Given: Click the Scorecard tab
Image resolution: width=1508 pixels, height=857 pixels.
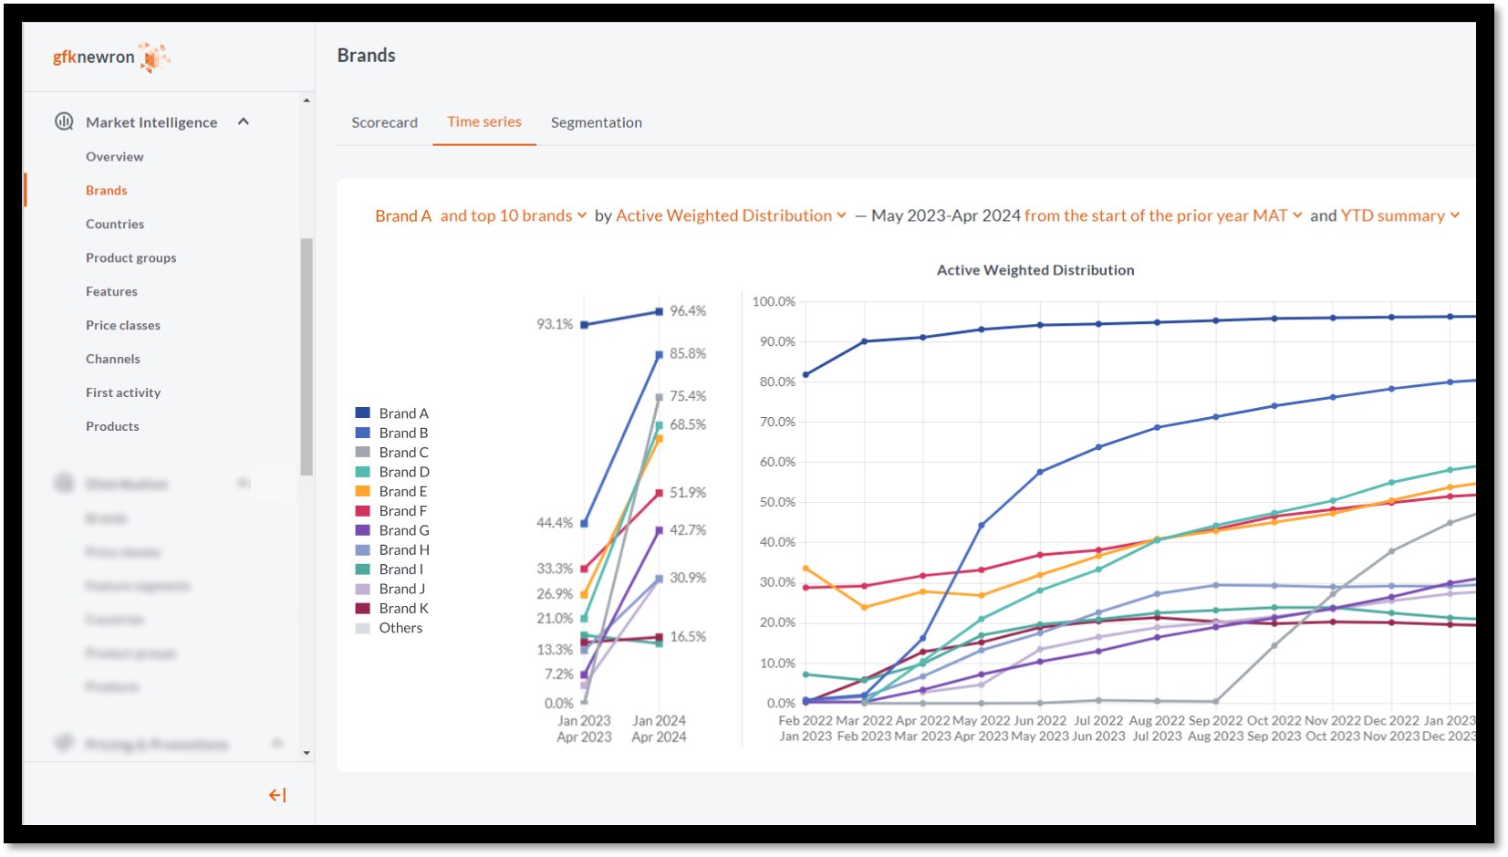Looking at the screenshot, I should coord(384,122).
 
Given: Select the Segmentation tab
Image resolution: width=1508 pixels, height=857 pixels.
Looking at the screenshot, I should coord(596,122).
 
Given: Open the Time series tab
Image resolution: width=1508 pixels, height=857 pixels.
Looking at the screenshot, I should coord(484,121).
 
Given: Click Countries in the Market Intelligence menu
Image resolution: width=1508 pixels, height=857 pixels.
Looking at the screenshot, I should coord(115,224).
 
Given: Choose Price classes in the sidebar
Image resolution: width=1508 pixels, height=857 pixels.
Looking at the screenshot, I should coord(123,325).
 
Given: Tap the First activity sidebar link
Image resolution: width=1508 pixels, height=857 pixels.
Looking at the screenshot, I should coord(123,392).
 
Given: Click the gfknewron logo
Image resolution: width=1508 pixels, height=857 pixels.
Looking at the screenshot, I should coord(110,57).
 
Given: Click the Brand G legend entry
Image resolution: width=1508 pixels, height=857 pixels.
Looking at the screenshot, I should coord(403,530).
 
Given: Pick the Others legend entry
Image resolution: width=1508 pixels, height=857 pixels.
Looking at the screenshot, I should coord(400,628).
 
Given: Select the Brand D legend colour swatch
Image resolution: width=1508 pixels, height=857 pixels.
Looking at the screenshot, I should coord(363,472).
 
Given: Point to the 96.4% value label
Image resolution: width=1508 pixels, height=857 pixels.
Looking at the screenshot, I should coord(688,311).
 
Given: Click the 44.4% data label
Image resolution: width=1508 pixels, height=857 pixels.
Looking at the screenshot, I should coord(555,523).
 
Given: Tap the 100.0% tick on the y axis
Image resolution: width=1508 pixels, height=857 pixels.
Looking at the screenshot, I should coord(774,301).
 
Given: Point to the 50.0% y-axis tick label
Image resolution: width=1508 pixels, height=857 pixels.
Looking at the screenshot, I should coord(777,502).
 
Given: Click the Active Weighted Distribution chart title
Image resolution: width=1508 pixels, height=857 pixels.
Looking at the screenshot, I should coord(1035,270).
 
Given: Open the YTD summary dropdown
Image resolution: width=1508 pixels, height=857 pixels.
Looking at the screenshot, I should coord(1399,215).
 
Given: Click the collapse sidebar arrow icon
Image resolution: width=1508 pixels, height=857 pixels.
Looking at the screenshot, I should coord(277,795).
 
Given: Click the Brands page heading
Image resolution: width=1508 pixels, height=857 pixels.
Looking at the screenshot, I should coord(367,55).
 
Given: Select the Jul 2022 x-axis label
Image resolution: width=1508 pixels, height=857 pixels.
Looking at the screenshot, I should coord(1098,720).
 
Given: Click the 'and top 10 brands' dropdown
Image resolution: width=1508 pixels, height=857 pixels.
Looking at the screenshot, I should coord(513,215).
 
